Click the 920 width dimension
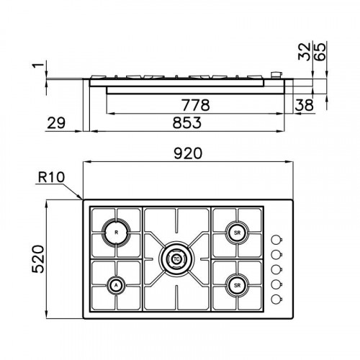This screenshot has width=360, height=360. pos(188,154)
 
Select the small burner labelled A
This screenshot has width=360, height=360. pos(115,286)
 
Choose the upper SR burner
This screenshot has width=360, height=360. pos(235,232)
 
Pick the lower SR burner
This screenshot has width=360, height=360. pos(235,286)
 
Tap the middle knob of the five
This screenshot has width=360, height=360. pos(276,270)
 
